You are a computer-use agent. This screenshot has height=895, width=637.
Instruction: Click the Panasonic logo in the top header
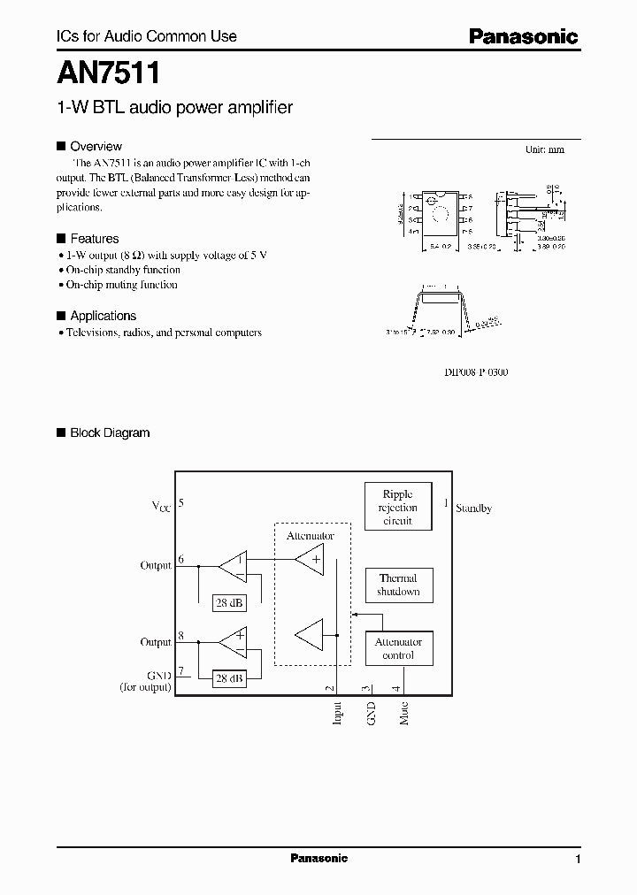coord(523,36)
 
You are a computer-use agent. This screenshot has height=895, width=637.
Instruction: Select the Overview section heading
coord(96,147)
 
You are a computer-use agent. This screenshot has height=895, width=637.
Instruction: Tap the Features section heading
coord(94,239)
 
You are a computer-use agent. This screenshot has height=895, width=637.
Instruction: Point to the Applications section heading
coord(103,316)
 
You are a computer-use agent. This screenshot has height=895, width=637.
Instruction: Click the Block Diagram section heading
coord(110,433)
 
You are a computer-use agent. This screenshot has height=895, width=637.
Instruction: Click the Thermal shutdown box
coord(398,585)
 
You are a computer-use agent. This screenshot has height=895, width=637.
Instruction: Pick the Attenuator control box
coord(398,648)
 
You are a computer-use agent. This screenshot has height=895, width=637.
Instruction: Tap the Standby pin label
coord(473,509)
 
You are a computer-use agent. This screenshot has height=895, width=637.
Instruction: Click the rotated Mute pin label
coord(404,714)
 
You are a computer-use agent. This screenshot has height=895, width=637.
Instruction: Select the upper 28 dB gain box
coord(229,603)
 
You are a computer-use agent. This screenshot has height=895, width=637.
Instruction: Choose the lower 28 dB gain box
coord(229,678)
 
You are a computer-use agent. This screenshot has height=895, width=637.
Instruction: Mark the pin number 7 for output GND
coord(181,672)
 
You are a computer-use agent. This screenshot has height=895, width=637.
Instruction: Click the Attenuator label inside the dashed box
coord(310,536)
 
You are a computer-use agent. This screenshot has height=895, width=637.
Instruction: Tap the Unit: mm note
coord(544,149)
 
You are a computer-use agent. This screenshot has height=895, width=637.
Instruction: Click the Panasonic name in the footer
coord(318,859)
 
